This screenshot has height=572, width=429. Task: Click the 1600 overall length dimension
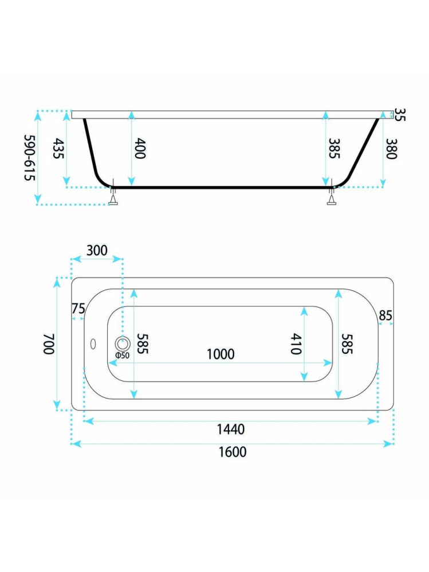point(233,452)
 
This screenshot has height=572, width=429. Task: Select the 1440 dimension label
point(231,429)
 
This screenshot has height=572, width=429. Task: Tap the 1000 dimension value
point(221,354)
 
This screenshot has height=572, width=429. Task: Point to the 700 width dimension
point(49,344)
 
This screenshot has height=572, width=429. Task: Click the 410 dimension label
point(296,344)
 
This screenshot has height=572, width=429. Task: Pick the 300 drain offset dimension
point(97,251)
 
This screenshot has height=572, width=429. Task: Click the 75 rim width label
point(78,309)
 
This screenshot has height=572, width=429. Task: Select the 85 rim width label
point(385,315)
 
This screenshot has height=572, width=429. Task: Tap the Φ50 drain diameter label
point(122,355)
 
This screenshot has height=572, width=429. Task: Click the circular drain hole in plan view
point(123,344)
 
